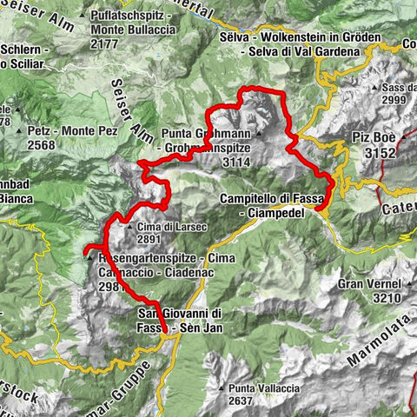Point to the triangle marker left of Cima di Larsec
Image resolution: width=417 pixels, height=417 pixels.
click(129, 228)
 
